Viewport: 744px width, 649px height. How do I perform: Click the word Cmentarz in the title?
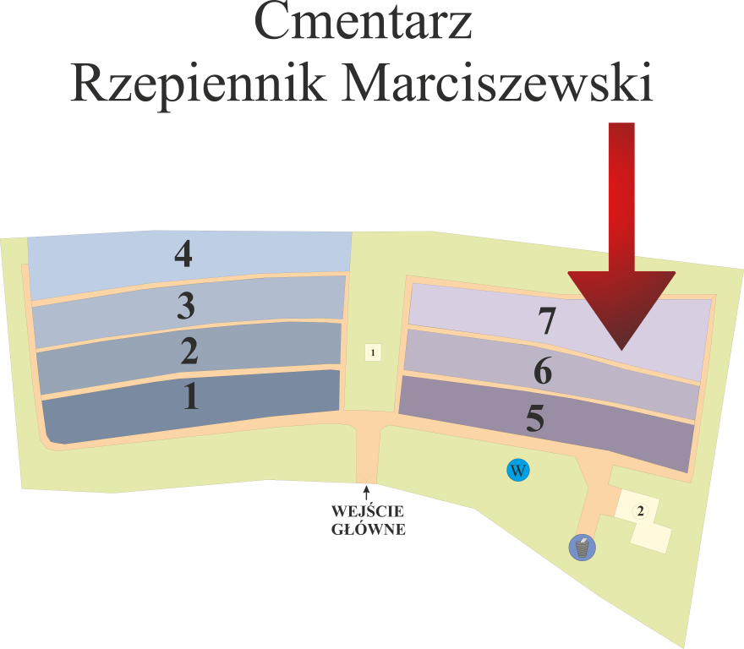point(363,23)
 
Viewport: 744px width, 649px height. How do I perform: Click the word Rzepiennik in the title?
point(196,85)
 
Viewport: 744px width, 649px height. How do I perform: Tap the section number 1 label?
point(192,396)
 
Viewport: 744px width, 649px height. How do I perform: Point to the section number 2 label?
point(189,351)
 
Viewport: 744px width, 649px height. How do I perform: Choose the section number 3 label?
point(186,305)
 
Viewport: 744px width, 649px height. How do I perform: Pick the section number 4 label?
point(183,254)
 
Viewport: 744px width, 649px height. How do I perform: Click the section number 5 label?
point(535,419)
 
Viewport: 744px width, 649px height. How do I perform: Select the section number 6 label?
point(542,371)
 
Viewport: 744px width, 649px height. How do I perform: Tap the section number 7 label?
point(547,321)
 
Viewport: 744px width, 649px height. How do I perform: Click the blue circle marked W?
point(517,470)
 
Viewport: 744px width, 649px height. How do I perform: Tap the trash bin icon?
point(583,548)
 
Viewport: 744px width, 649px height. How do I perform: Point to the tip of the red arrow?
point(621,347)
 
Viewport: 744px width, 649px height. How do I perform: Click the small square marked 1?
point(372,352)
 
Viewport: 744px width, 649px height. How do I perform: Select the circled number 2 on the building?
point(641,510)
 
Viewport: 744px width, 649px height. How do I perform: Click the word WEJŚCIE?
point(367,512)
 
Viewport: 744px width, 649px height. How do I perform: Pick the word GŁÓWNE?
point(367,530)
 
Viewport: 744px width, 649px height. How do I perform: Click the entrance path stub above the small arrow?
point(366,461)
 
